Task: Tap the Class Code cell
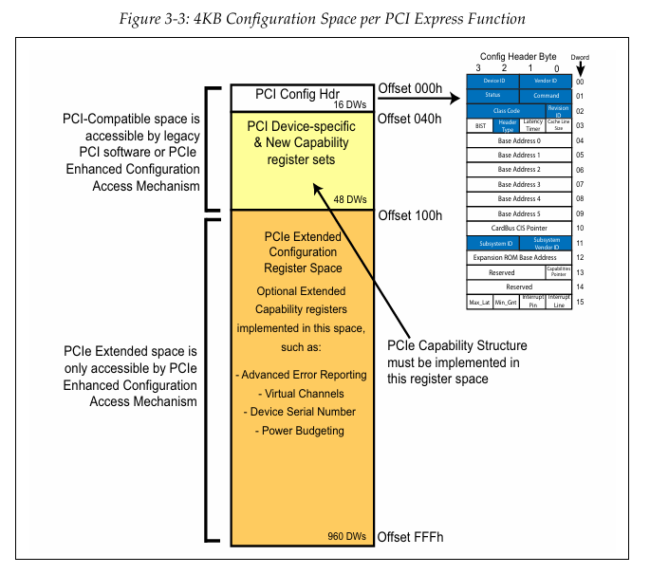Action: tap(508, 111)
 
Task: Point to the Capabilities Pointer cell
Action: tap(558, 271)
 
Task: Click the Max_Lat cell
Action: tap(479, 302)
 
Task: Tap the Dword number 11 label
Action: tap(580, 243)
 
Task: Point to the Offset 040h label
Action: tap(410, 119)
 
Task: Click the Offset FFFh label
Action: tap(410, 538)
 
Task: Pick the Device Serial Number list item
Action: tap(300, 412)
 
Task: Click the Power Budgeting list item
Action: tap(300, 431)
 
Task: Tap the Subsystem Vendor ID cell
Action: tap(546, 243)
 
